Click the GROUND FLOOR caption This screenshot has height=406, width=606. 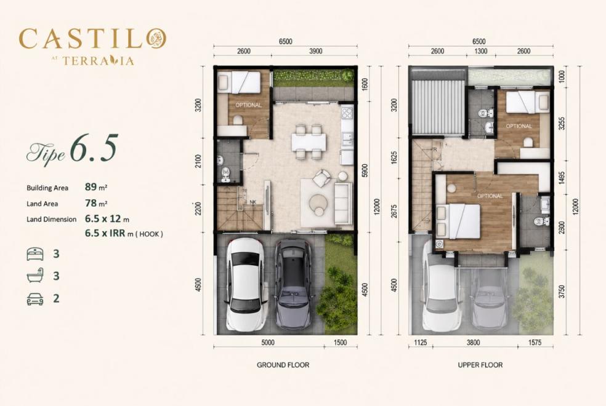point(283,365)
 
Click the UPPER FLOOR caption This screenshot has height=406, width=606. point(480,365)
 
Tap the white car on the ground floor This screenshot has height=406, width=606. point(246,285)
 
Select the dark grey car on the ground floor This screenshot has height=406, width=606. point(293,285)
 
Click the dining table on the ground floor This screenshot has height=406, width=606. point(309,141)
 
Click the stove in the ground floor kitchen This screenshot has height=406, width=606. point(346,113)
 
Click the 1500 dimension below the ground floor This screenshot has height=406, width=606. point(340,342)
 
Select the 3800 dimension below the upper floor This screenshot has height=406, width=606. point(473,342)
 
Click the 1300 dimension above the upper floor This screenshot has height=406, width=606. point(480,51)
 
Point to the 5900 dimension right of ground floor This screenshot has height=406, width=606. point(365,171)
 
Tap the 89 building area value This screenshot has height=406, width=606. point(91,187)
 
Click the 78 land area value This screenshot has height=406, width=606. point(91,203)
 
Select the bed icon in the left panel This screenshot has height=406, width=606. point(35,254)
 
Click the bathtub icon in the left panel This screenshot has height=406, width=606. point(35,277)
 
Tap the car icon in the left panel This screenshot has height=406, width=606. point(35,299)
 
